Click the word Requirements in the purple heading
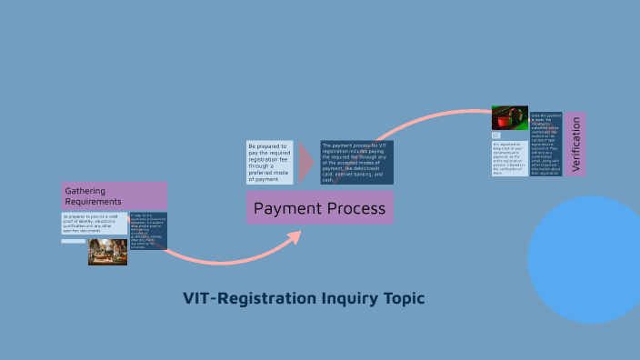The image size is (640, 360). [93, 201]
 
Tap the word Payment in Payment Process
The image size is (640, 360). [285, 209]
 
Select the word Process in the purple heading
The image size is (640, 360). [354, 209]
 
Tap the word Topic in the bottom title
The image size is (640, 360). [405, 298]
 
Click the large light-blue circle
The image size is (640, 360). [589, 259]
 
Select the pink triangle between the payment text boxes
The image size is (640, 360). [306, 163]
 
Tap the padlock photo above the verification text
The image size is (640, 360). [510, 118]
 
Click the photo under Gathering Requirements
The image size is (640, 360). [107, 251]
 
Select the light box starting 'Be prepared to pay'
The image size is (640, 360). [270, 163]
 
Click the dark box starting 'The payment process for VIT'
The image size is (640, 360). [355, 163]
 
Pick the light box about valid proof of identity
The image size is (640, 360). [95, 222]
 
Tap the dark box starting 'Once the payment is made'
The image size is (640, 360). [546, 144]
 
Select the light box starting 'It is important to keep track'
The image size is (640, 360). [510, 157]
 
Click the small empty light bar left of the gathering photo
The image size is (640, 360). [74, 241]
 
